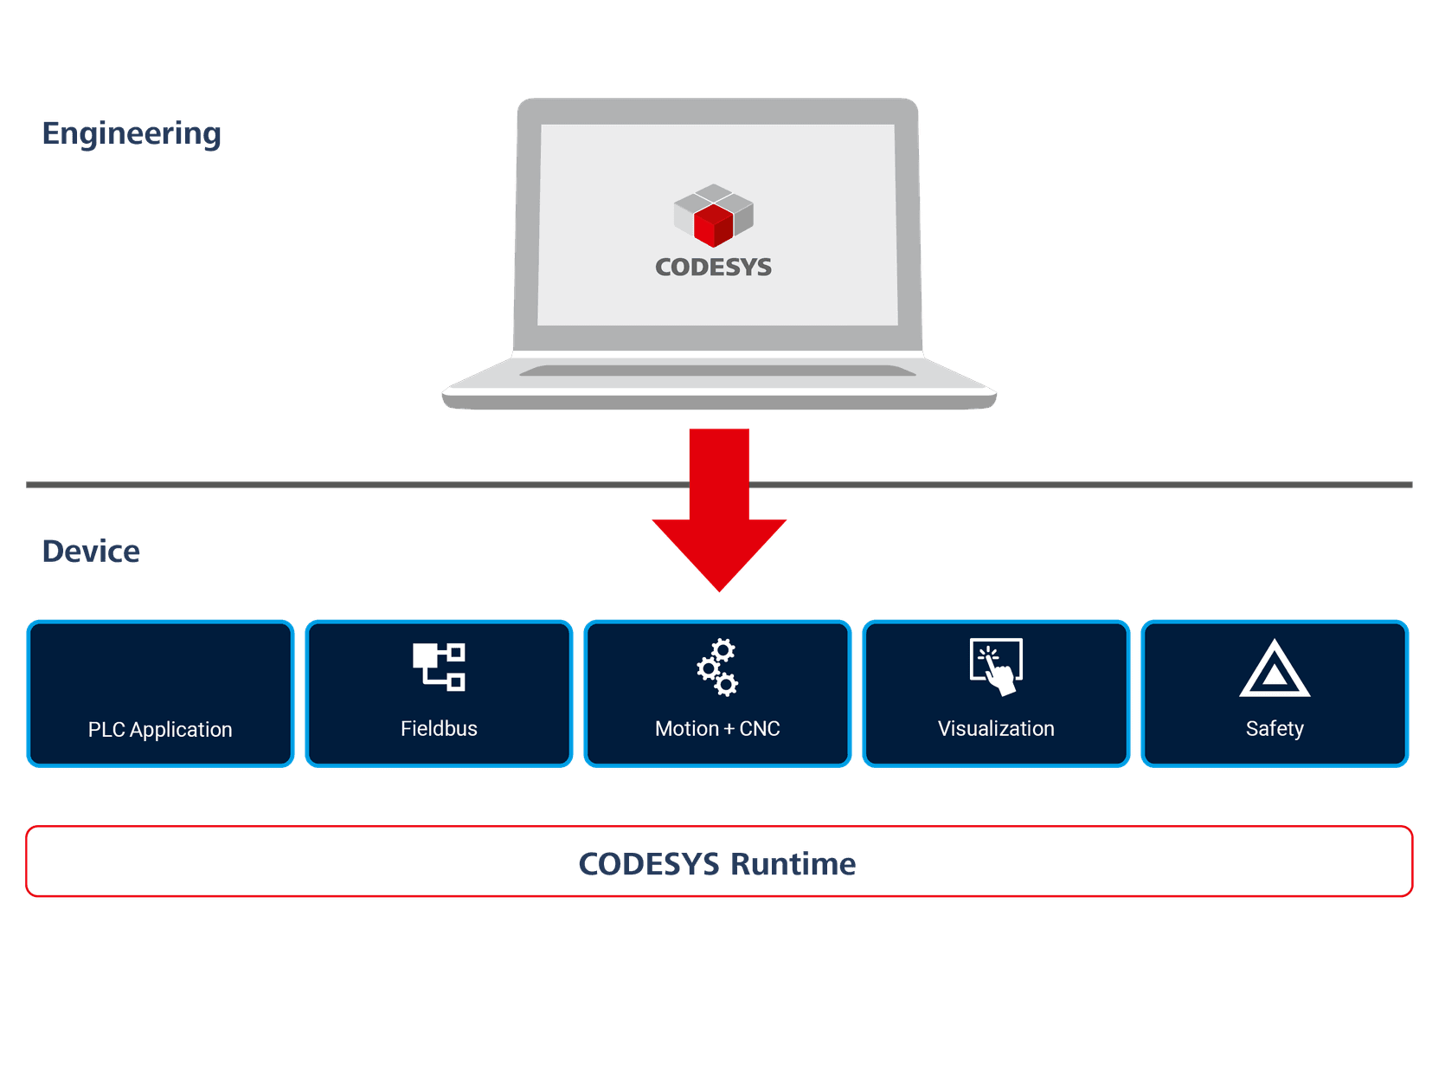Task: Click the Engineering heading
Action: coord(132,133)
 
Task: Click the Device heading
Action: coord(91,552)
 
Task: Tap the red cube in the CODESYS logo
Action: coord(713,224)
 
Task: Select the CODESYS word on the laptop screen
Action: coord(713,267)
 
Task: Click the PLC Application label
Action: coord(160,729)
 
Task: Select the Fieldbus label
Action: coord(439,728)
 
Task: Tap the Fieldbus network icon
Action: coord(439,667)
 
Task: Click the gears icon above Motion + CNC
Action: coord(718,668)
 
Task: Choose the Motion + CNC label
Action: coord(717,728)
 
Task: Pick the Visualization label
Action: coord(996,728)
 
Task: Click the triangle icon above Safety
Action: coord(1275,669)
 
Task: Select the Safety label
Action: coord(1275,728)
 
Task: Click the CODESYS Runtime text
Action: coord(717,863)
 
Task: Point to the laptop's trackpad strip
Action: coord(717,371)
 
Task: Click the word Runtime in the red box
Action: coord(793,863)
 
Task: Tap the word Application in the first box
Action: coord(181,729)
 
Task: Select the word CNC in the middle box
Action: coord(760,728)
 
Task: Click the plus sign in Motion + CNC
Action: coord(729,729)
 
